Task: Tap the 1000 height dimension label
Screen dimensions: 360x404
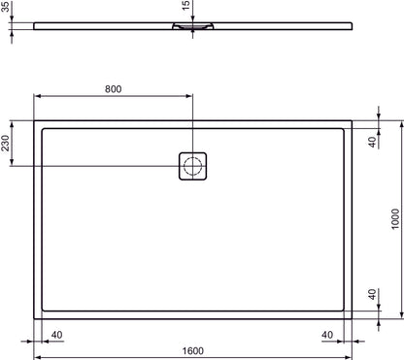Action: [394, 220]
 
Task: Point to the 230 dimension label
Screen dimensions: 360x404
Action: [8, 146]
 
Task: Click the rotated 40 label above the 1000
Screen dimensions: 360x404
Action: [372, 142]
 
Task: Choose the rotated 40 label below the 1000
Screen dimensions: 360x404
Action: [372, 294]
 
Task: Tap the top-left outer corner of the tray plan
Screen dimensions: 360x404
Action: [36, 119]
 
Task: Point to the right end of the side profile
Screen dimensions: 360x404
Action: [351, 25]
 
